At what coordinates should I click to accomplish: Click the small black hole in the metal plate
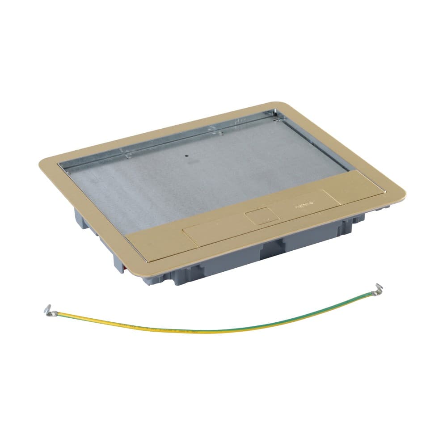(185, 157)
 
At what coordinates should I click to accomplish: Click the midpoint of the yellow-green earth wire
(215, 330)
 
